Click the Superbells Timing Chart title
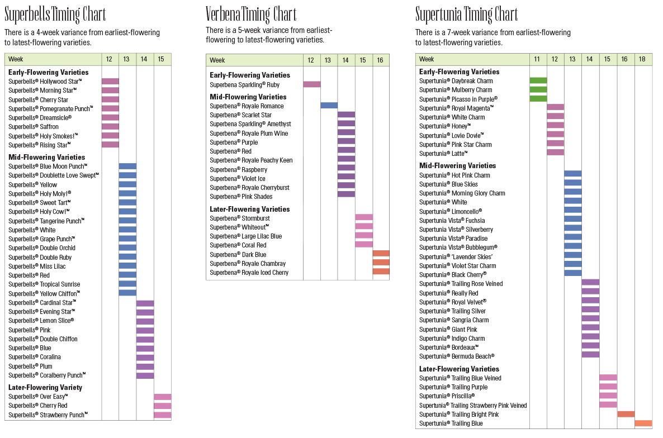point(55,14)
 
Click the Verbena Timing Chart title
point(251,14)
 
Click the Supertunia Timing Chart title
point(467,14)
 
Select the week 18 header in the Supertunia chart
point(643,59)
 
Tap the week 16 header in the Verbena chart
point(380,60)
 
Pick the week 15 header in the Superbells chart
point(162,59)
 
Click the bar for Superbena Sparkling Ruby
point(312,84)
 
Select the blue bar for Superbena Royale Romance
point(329,105)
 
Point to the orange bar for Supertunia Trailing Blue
point(643,423)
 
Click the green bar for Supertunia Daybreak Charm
point(538,81)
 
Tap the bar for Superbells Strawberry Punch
point(163,415)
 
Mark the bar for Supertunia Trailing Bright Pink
point(626,414)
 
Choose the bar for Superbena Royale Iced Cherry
point(381,272)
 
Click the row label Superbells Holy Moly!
point(40,194)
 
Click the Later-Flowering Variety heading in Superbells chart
point(45,387)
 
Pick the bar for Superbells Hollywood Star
point(110,82)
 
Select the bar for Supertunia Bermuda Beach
point(590,354)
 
